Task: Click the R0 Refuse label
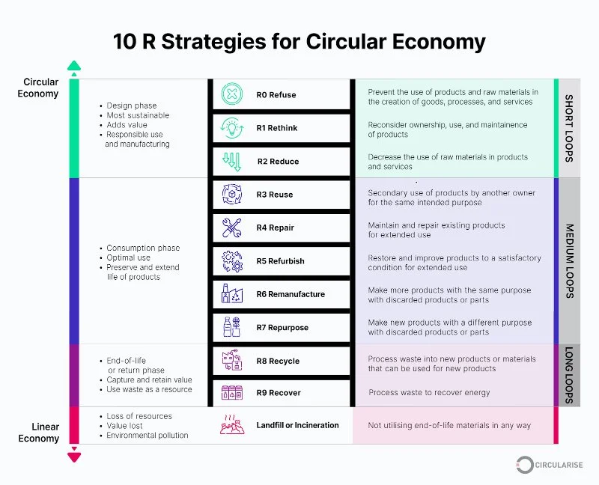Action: (x=276, y=95)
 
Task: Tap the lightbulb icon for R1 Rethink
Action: (x=231, y=128)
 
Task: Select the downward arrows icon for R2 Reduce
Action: (x=231, y=161)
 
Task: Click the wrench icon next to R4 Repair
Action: (x=231, y=228)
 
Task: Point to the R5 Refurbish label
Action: (x=280, y=261)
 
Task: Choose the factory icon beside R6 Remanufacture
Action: (x=231, y=294)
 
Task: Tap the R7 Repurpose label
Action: (x=282, y=328)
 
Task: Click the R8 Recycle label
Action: (x=278, y=361)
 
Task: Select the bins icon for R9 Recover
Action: (x=231, y=393)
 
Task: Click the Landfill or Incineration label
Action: (x=297, y=425)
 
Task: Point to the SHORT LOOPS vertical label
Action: (x=569, y=128)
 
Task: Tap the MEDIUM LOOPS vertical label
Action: (x=569, y=260)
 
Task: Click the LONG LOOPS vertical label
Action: (x=569, y=375)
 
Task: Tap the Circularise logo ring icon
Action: (x=526, y=465)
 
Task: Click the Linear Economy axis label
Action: (x=40, y=433)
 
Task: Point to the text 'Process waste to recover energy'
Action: (x=429, y=393)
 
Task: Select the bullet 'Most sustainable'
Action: (x=138, y=115)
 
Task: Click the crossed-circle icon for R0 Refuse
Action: (x=231, y=95)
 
